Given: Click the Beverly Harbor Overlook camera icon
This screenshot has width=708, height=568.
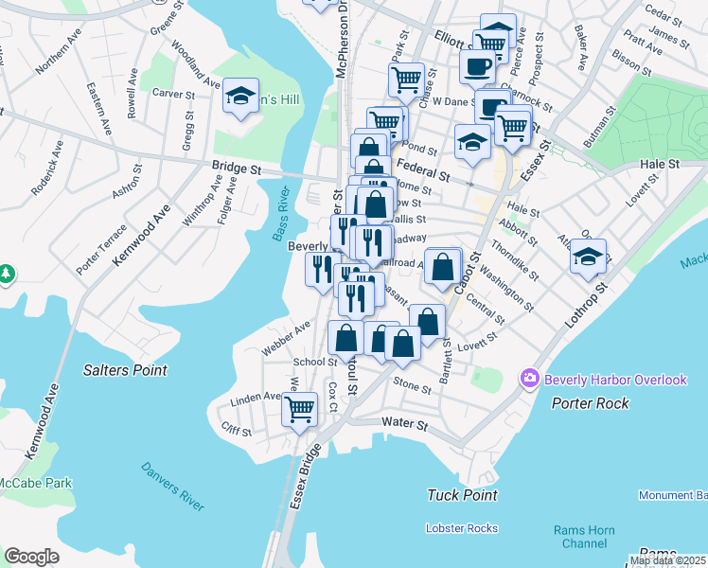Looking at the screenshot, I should click(529, 380).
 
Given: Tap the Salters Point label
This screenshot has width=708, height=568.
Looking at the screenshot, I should click(125, 370).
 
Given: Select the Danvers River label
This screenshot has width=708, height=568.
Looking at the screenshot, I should click(172, 486).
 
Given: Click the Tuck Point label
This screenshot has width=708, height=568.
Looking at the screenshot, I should click(462, 495).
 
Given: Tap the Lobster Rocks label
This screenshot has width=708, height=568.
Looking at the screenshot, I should click(461, 527).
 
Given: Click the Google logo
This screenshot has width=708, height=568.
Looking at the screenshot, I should click(31, 557).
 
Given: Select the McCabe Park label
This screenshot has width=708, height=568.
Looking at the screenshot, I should click(36, 483).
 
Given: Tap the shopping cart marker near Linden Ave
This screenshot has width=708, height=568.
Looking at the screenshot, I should click(299, 410).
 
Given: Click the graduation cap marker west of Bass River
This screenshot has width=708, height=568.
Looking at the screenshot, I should click(241, 96).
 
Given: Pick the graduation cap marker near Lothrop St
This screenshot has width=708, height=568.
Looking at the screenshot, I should click(588, 257).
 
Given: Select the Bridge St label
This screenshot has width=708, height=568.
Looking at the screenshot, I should click(236, 168).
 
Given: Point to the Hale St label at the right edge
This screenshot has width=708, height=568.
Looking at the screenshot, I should click(660, 164).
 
